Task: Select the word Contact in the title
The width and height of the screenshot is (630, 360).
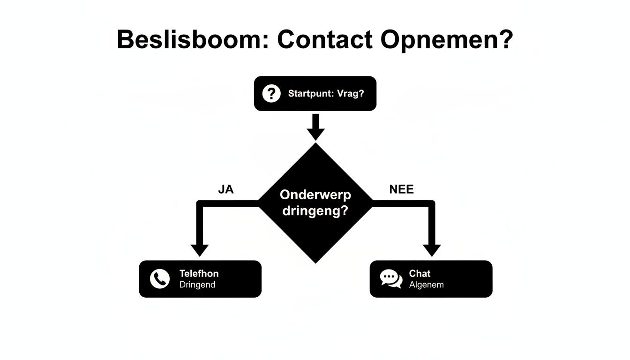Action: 325,40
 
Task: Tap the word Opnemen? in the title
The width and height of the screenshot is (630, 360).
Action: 446,40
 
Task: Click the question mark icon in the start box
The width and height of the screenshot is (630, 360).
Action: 271,93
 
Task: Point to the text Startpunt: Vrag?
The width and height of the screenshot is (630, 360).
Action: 326,93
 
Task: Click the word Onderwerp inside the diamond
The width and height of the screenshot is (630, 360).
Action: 315,195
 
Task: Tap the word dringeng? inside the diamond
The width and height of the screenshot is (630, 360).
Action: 315,211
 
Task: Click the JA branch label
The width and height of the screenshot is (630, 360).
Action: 225,189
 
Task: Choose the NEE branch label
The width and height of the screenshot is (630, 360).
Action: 401,189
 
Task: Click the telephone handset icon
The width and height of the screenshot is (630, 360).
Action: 159,279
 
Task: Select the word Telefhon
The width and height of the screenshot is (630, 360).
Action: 199,273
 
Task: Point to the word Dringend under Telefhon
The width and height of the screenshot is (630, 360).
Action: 197,285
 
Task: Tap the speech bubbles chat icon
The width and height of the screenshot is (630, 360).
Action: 391,279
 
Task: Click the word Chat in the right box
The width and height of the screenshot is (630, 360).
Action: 420,273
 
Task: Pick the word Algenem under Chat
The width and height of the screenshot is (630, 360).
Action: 426,285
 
